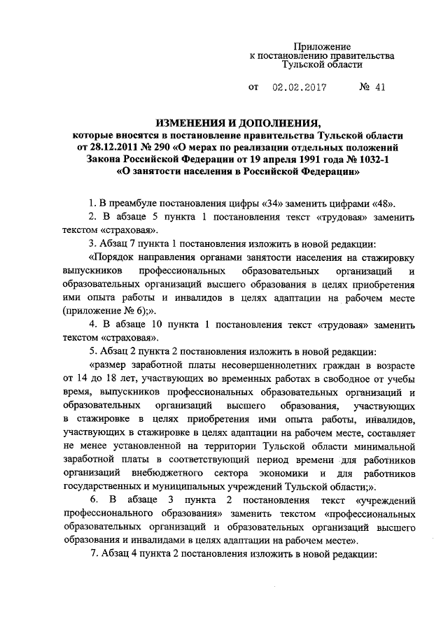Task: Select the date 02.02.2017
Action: (295, 90)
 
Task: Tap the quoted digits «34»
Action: (274, 204)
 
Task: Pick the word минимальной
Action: (380, 447)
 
